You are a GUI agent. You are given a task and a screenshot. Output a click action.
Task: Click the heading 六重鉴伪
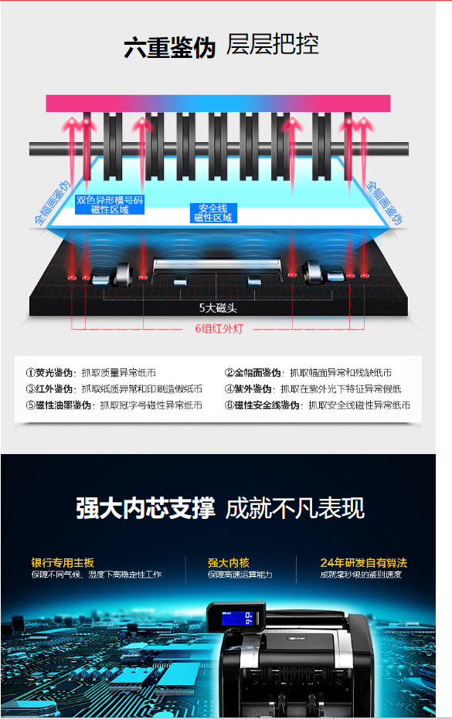(x=169, y=47)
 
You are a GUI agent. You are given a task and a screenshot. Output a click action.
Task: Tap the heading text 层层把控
(x=272, y=45)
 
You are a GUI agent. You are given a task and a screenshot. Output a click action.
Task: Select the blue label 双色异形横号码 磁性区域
(x=110, y=205)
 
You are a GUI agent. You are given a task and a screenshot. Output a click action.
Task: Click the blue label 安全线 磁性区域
(x=213, y=213)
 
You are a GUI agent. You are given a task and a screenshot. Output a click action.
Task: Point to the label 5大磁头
(x=218, y=307)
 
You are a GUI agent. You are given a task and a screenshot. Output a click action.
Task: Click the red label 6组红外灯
(x=219, y=328)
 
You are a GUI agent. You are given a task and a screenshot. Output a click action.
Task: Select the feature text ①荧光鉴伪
(x=49, y=372)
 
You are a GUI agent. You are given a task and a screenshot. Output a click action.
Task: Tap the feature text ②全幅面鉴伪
(x=253, y=372)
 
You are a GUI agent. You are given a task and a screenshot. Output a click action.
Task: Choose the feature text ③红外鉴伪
(x=49, y=389)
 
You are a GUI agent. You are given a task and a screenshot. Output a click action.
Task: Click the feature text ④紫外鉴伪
(x=248, y=389)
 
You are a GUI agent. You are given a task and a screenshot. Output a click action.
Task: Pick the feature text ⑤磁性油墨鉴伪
(x=58, y=405)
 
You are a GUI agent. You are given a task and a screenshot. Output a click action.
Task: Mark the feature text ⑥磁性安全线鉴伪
(x=262, y=405)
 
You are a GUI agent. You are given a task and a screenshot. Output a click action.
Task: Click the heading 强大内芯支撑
(x=145, y=508)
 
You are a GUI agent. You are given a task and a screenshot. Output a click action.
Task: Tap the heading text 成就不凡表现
(x=295, y=508)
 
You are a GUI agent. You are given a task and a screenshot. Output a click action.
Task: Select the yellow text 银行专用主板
(x=63, y=562)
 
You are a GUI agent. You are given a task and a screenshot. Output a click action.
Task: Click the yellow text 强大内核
(x=229, y=562)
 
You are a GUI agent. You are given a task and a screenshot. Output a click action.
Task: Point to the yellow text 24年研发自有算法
(x=363, y=562)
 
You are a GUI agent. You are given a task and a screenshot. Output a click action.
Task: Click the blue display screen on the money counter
(x=237, y=618)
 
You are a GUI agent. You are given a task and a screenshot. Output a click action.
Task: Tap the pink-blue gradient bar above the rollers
(x=218, y=103)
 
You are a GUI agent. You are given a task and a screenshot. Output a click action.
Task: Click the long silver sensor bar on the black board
(x=216, y=265)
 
